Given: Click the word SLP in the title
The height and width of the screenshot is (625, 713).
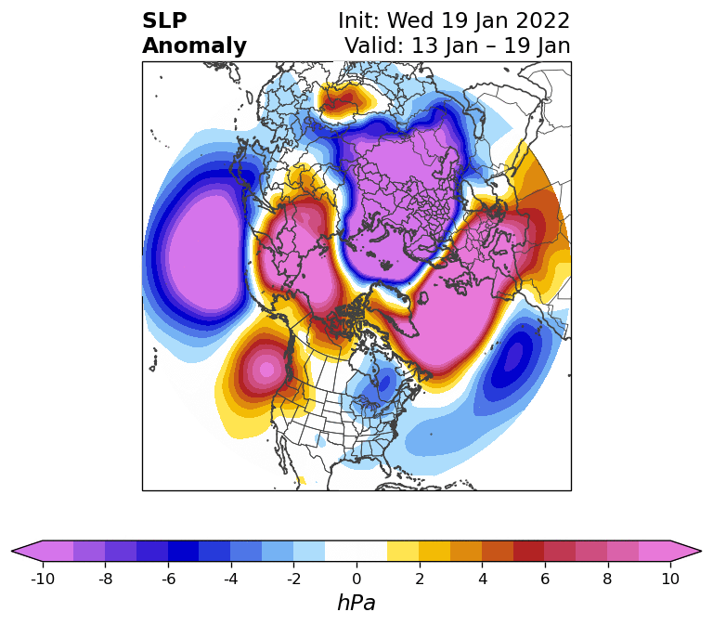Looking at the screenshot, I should [164, 21].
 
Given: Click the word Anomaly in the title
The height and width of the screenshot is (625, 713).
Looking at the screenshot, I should [194, 46].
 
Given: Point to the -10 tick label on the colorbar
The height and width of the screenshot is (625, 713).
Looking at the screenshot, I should [42, 579].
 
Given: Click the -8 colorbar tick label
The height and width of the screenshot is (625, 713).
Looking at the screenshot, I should [105, 579].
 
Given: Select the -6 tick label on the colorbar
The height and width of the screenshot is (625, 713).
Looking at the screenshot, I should [168, 579].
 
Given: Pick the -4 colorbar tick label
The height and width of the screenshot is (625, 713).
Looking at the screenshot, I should [230, 579].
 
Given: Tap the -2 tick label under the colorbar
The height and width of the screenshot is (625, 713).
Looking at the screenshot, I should [293, 579].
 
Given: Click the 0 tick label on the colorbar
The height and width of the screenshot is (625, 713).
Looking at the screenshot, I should [356, 579].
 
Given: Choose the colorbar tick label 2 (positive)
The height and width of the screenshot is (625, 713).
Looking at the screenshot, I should [420, 579].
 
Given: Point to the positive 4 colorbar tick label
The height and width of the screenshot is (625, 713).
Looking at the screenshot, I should [482, 579].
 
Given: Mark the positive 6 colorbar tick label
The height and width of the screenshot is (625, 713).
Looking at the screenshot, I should [545, 579].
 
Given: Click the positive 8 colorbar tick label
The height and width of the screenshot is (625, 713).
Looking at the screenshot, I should [608, 579].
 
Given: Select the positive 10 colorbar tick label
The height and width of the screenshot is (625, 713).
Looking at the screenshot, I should [670, 579].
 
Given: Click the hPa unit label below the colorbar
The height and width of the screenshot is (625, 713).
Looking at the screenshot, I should [356, 604].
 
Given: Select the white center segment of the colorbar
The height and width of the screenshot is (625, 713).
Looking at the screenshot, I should [356, 551].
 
